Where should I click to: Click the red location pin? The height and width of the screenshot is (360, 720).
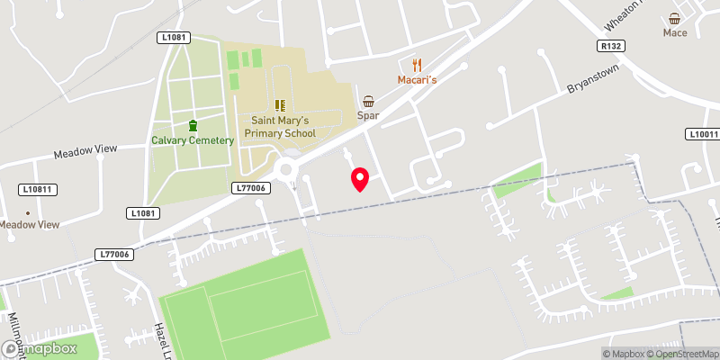point(360,179)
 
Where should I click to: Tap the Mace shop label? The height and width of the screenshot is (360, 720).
point(675,33)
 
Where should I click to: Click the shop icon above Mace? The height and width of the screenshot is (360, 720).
point(675,19)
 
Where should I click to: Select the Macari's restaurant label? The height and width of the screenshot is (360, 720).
point(417,80)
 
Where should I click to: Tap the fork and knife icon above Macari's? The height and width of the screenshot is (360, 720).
point(417,65)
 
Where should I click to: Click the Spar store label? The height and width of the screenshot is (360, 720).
point(368,116)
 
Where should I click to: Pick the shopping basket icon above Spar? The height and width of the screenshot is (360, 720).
point(368,102)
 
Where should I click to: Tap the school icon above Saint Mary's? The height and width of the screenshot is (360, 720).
point(279,105)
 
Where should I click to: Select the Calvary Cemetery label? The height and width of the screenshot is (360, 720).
point(193,140)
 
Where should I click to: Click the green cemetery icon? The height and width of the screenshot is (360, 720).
point(193,125)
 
